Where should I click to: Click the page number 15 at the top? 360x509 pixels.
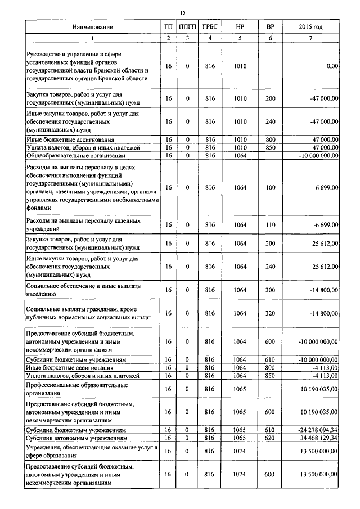click(x=183, y=12)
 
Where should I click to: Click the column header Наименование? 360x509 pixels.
click(x=93, y=26)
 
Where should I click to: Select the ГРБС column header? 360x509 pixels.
click(x=210, y=26)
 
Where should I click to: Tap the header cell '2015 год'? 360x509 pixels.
click(x=310, y=26)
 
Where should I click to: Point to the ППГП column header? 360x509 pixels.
click(x=187, y=26)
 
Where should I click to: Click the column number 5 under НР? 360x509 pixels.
click(x=240, y=38)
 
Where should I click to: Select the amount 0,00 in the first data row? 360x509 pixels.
click(x=332, y=66)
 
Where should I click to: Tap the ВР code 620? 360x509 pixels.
click(x=270, y=437)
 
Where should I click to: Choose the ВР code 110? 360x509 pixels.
click(x=270, y=225)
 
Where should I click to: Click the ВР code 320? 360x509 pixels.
click(x=270, y=313)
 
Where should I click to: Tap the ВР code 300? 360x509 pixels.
click(x=270, y=290)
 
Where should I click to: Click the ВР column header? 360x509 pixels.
click(x=270, y=26)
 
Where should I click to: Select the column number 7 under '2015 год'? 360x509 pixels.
click(x=310, y=38)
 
